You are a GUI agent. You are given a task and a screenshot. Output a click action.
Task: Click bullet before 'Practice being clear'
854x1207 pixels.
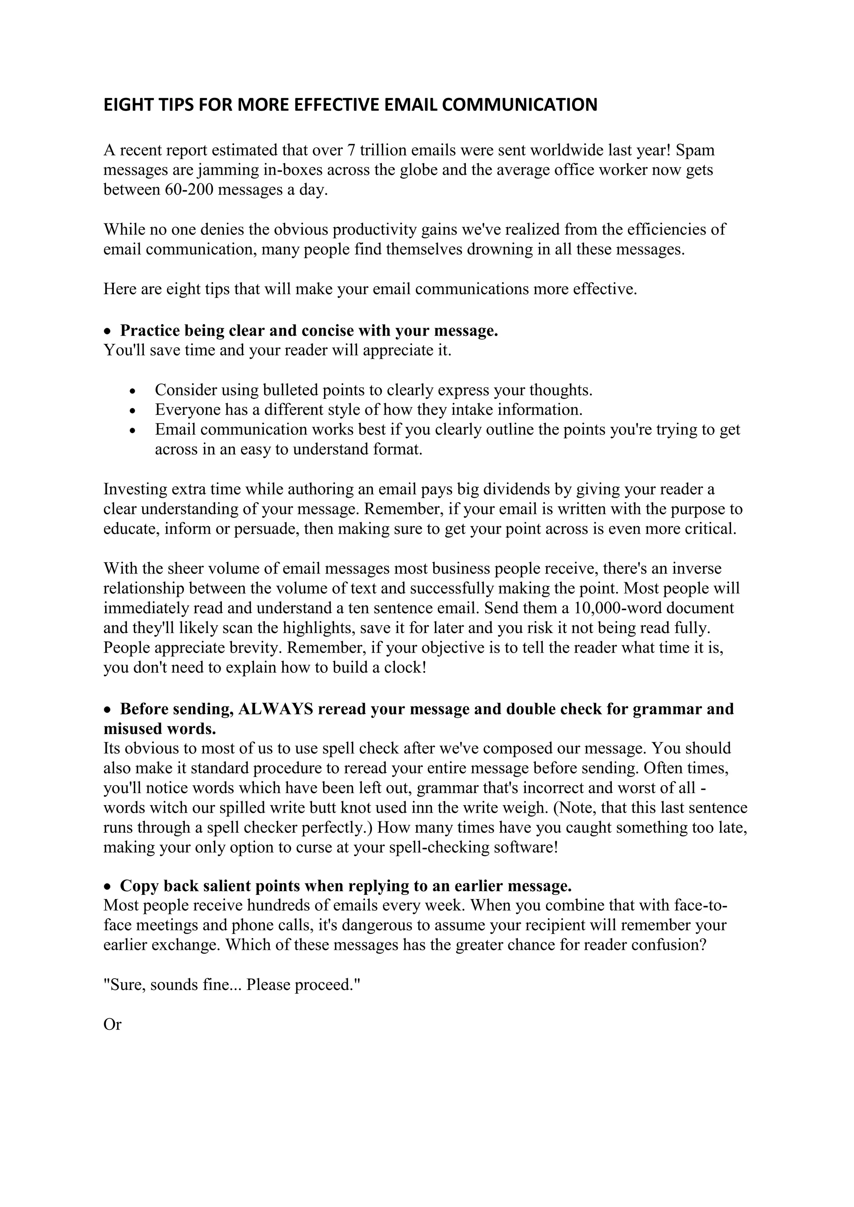pos(108,332)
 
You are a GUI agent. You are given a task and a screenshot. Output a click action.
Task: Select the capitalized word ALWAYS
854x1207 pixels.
pos(276,709)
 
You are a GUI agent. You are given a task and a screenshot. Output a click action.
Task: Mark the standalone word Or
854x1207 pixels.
pos(112,1024)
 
